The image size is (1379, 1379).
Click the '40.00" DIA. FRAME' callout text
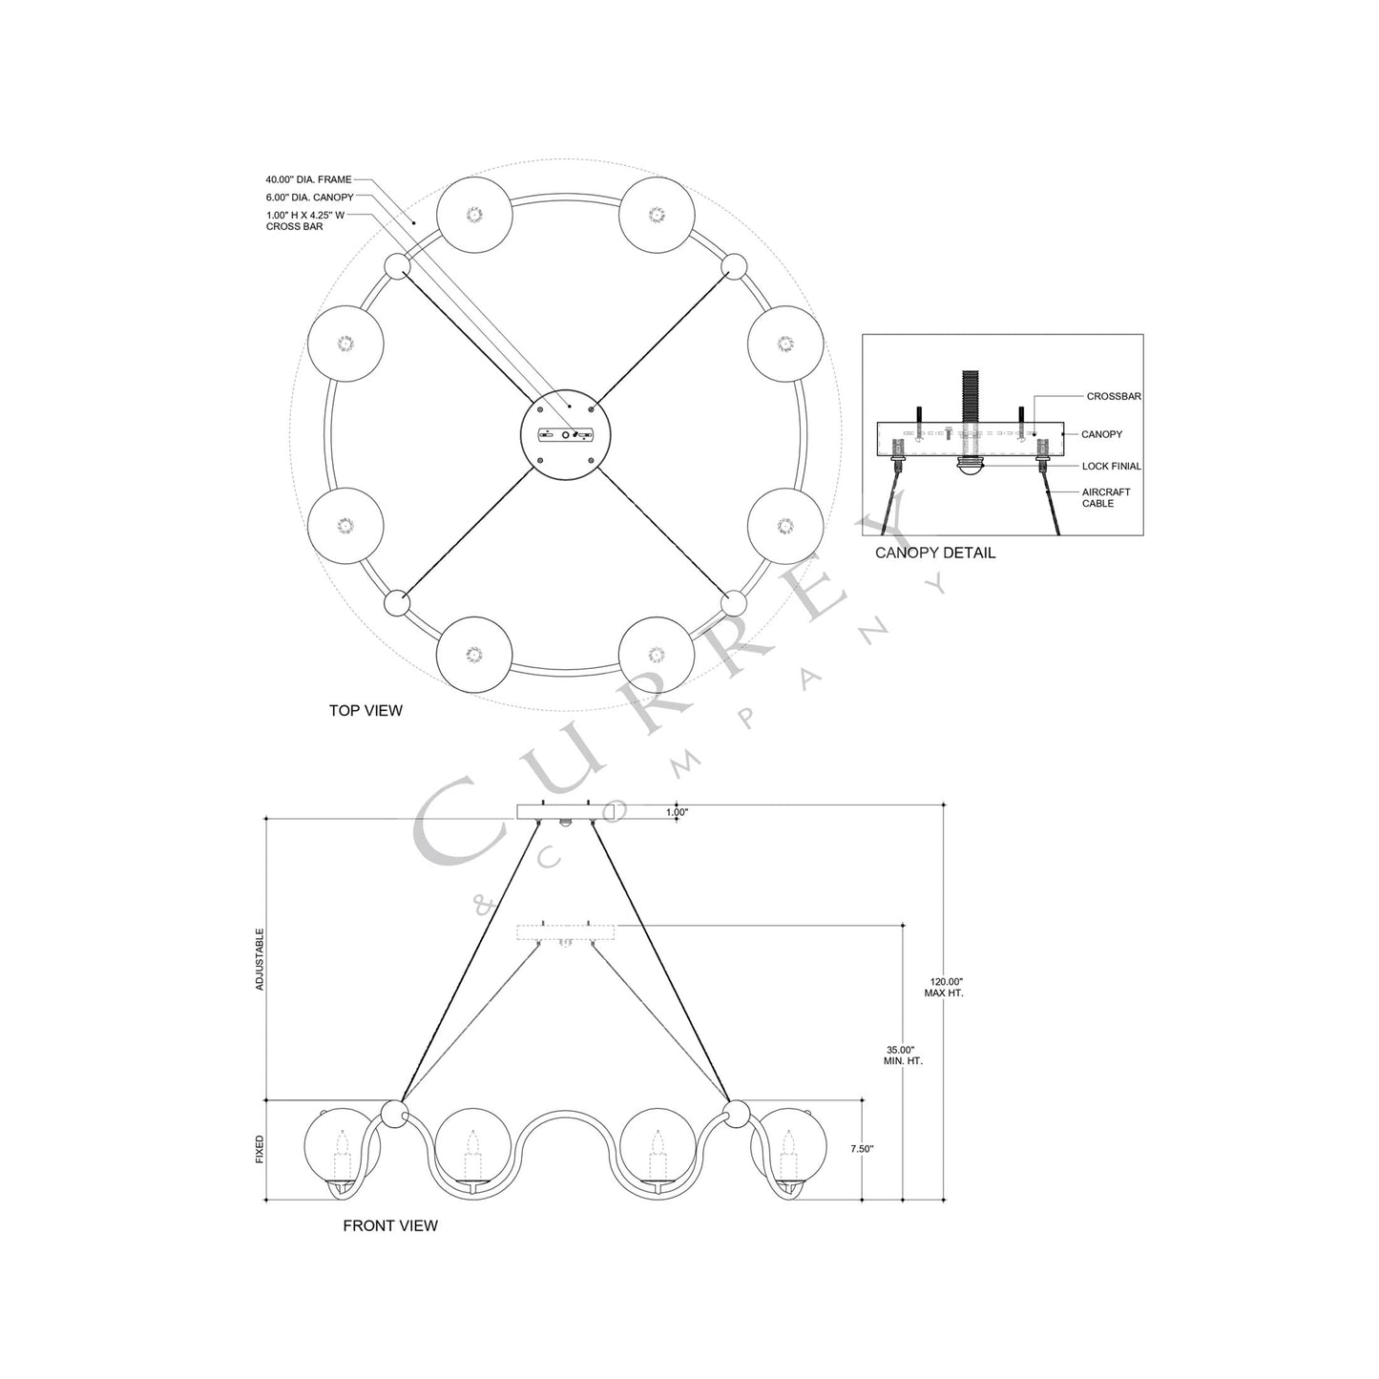click(x=308, y=179)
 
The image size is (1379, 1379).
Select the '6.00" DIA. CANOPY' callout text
click(x=309, y=197)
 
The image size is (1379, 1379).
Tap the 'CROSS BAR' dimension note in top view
click(x=294, y=226)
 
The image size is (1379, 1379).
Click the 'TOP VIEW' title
click(x=366, y=711)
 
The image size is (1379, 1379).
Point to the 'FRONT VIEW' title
click(x=390, y=1226)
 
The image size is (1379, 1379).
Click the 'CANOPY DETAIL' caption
click(x=935, y=553)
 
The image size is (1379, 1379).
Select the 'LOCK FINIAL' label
click(x=1112, y=466)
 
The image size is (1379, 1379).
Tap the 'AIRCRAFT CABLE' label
click(x=1106, y=497)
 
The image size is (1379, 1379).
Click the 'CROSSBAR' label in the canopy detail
click(x=1114, y=396)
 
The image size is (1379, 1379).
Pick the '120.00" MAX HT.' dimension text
click(x=944, y=988)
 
